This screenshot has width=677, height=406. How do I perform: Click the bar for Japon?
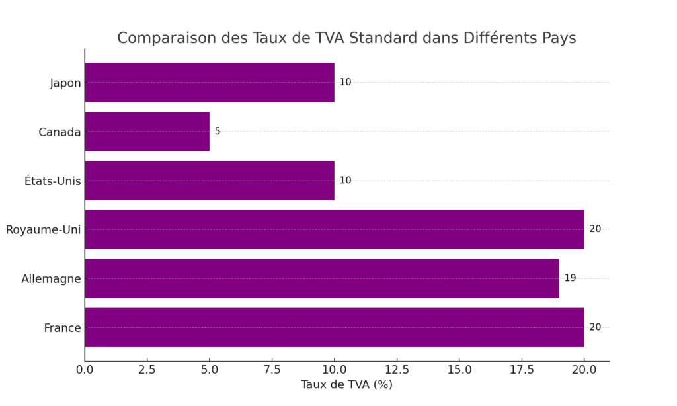click(209, 83)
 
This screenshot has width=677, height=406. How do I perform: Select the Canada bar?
click(147, 132)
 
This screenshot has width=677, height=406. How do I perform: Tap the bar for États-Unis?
click(209, 181)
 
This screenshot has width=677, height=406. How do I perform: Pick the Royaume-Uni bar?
click(334, 229)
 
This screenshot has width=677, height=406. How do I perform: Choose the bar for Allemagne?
click(321, 278)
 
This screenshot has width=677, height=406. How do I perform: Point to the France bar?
click(334, 327)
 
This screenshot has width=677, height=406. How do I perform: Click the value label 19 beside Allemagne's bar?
click(570, 278)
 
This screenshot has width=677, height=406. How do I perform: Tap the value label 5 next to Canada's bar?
click(218, 132)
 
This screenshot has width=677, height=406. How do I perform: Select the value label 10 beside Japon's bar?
click(345, 83)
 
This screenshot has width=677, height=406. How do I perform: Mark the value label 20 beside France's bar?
click(595, 327)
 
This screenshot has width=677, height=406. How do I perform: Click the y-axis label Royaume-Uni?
click(43, 230)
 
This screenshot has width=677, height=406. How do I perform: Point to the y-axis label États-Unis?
click(53, 181)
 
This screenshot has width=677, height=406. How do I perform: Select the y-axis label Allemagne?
click(51, 279)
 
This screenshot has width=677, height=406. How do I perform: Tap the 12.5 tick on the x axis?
click(397, 369)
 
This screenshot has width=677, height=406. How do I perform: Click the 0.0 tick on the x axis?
click(85, 369)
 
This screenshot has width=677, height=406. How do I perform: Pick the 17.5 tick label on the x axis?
click(522, 369)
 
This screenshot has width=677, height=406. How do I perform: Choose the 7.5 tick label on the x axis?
click(272, 369)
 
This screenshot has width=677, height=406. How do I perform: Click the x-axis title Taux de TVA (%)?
click(346, 385)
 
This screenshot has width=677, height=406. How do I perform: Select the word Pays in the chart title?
click(560, 38)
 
